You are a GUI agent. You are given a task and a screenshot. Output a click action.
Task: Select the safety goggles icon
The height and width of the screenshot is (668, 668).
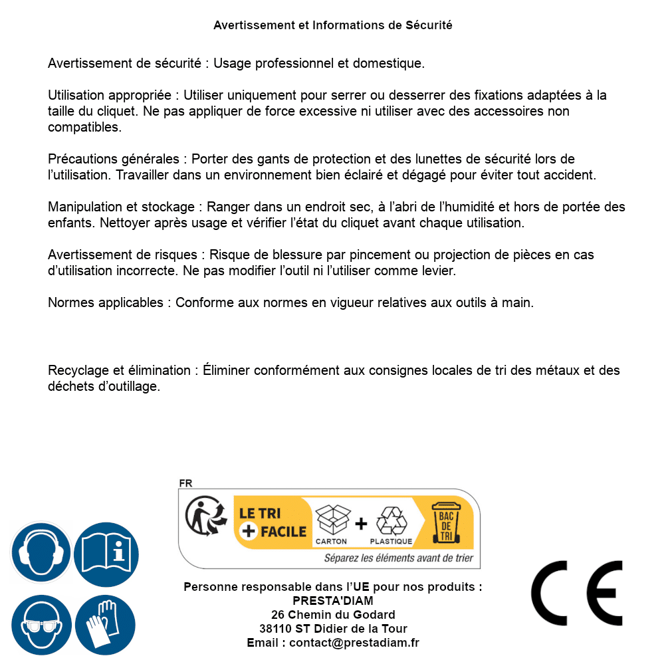tap(41, 625)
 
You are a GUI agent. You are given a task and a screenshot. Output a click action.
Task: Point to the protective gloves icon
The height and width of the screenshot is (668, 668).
tap(106, 625)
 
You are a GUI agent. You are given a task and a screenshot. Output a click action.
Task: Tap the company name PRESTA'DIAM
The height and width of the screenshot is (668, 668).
tap(333, 601)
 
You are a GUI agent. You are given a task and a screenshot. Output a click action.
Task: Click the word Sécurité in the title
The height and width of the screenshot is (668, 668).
tap(429, 25)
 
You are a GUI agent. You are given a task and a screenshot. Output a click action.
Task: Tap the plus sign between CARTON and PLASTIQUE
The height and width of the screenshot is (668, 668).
tap(361, 524)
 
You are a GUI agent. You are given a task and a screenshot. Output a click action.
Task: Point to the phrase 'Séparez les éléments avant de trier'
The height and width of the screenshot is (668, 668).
tap(399, 558)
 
